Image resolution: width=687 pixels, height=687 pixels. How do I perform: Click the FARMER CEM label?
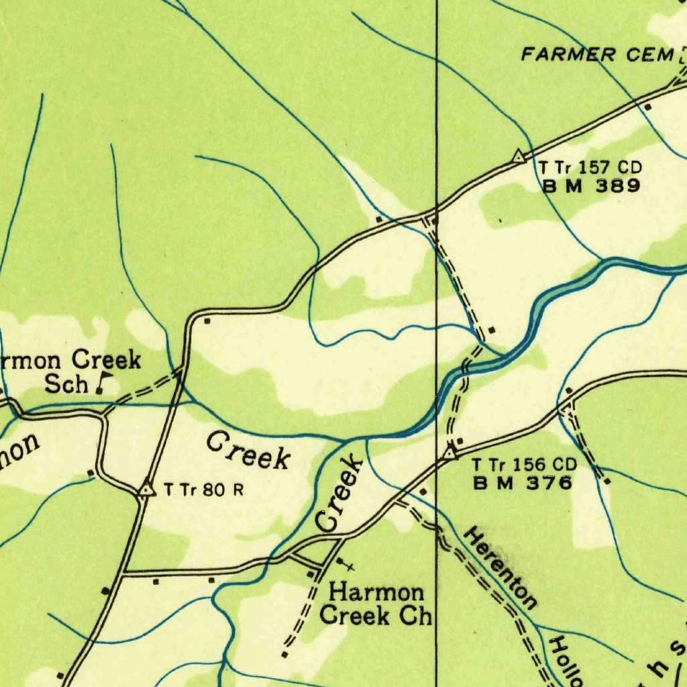click(x=597, y=54)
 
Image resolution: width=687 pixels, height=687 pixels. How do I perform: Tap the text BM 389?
click(x=591, y=187)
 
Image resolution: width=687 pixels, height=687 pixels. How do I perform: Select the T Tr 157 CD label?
click(x=590, y=168)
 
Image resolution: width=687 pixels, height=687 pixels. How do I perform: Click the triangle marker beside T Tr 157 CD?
click(x=518, y=156)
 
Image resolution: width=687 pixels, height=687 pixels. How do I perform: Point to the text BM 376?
click(x=523, y=482)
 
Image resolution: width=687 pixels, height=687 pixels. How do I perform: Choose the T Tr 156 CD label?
click(x=524, y=464)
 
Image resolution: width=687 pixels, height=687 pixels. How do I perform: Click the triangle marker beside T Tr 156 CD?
click(x=450, y=454)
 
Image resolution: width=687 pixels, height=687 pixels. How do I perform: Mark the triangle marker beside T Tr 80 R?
click(x=146, y=490)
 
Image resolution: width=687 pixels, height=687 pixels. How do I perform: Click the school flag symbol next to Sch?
click(x=103, y=382)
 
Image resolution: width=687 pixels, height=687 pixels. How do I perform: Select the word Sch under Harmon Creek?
click(x=66, y=384)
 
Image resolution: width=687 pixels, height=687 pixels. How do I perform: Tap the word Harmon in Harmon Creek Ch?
click(x=377, y=593)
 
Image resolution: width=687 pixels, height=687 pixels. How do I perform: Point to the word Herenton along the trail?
click(x=500, y=568)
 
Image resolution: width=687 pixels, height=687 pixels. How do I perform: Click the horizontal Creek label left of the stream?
click(x=248, y=451)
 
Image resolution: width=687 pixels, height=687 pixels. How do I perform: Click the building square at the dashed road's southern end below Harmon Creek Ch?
click(x=284, y=653)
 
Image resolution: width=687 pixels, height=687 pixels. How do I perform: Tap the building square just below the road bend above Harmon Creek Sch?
click(x=207, y=321)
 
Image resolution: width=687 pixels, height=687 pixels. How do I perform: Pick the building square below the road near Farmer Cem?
click(x=647, y=107)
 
